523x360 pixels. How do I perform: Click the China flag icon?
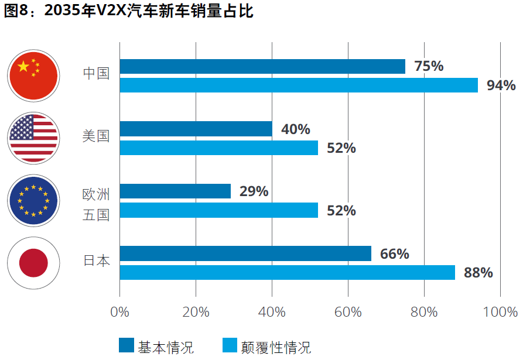point(33,76)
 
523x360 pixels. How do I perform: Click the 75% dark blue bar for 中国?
point(262,66)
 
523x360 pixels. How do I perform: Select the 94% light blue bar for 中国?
point(299,85)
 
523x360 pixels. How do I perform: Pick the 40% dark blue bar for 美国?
point(196,129)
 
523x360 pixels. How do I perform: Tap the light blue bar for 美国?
point(218,148)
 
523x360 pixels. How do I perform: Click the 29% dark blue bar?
point(175,191)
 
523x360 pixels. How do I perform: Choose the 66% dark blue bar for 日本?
point(245,253)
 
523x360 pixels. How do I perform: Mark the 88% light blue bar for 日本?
point(287,273)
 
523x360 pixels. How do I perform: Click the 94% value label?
point(501,85)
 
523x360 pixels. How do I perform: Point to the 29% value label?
point(254,191)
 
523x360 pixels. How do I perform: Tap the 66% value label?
point(394,253)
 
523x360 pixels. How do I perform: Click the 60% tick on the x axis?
point(348,312)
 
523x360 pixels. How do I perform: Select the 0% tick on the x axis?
point(119,312)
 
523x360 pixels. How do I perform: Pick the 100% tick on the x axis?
point(500,312)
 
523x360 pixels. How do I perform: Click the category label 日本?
point(96,261)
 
